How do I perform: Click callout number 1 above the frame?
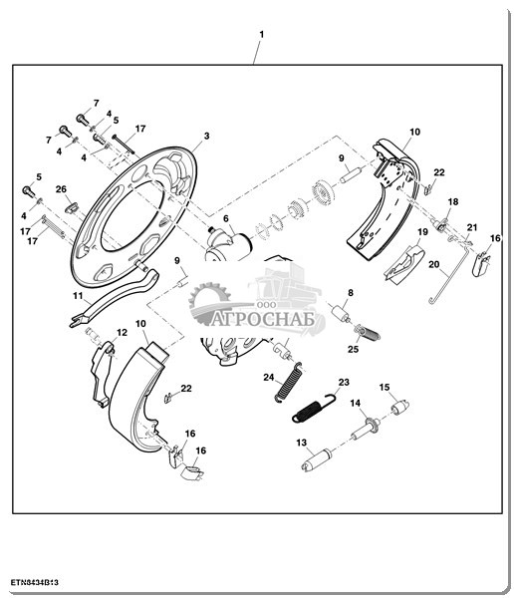click(262, 34)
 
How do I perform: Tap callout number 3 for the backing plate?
click(206, 136)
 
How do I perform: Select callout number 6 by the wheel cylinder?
click(226, 218)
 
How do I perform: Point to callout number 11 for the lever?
click(78, 296)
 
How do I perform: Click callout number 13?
click(301, 443)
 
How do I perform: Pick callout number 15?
click(385, 387)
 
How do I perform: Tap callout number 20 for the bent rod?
click(434, 264)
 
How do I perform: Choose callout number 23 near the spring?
click(344, 382)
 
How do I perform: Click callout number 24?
click(269, 377)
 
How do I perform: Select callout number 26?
click(61, 189)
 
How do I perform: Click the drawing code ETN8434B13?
click(34, 583)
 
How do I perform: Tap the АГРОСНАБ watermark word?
click(263, 320)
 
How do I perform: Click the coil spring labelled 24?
click(289, 382)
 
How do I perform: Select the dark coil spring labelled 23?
click(314, 408)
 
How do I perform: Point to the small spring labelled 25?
click(370, 333)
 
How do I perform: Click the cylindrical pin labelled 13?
click(317, 459)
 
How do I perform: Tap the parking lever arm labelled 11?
click(115, 297)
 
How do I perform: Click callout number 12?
click(122, 333)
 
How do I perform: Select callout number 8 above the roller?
click(351, 292)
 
